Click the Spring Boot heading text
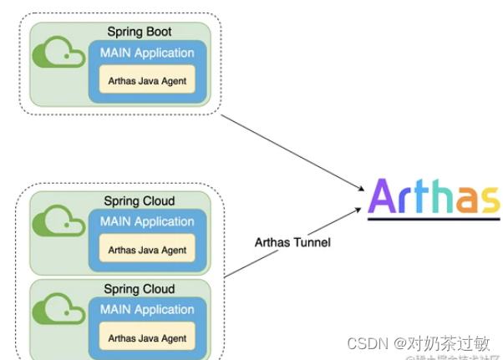pyautogui.click(x=140, y=32)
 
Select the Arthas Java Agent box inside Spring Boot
pyautogui.click(x=147, y=81)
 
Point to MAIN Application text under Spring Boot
pyautogui.click(x=147, y=53)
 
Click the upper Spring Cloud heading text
pyautogui.click(x=140, y=201)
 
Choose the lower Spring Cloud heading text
pyautogui.click(x=140, y=289)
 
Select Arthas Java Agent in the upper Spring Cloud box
pyautogui.click(x=147, y=249)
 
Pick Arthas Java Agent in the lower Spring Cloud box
pyautogui.click(x=147, y=337)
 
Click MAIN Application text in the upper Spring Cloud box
pyautogui.click(x=147, y=221)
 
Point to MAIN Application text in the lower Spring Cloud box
pyautogui.click(x=147, y=309)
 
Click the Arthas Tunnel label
pyautogui.click(x=292, y=243)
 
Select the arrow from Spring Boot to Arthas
pyautogui.click(x=292, y=151)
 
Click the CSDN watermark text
pyautogui.click(x=418, y=343)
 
